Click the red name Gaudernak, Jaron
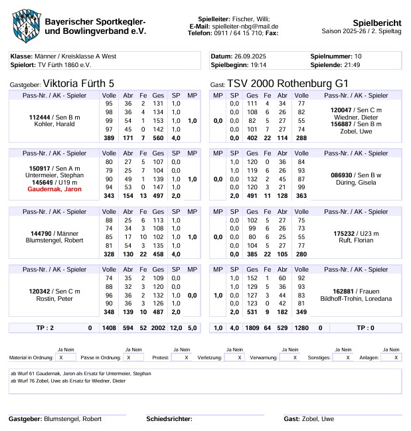(54, 189)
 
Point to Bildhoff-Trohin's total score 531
(252, 312)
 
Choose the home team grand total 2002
(158, 328)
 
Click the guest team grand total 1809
(252, 328)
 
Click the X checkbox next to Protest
(186, 357)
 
